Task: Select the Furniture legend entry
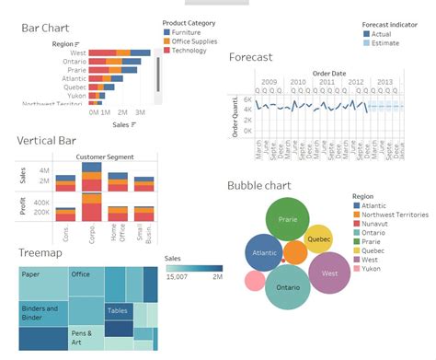188,31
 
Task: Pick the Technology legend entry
191,50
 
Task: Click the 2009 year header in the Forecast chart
269,82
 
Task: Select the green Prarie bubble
286,220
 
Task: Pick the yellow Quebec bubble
318,238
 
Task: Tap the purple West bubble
329,273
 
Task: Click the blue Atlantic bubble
263,253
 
